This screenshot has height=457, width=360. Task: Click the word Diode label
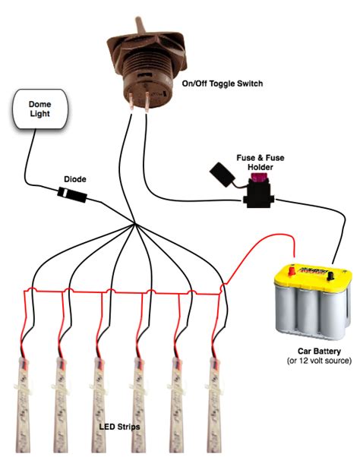74,179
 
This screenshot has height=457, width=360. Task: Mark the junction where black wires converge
134,225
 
